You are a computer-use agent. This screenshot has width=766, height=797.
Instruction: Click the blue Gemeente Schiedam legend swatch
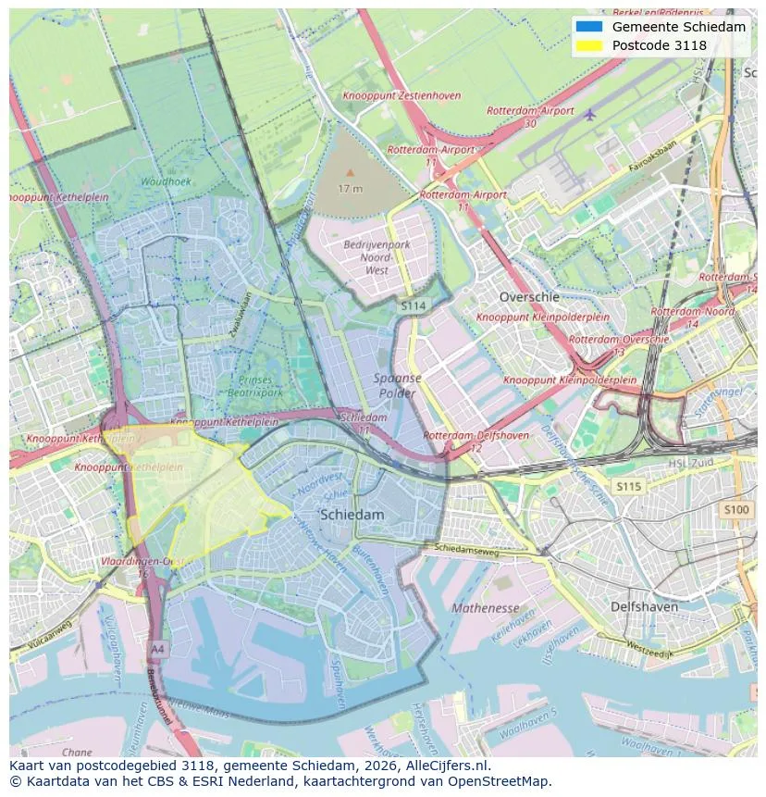click(588, 27)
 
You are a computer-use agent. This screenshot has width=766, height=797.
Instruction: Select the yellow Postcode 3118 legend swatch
click(588, 45)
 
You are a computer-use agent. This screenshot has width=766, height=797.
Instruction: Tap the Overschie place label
click(529, 297)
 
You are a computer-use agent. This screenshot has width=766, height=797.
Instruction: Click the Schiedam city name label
click(352, 514)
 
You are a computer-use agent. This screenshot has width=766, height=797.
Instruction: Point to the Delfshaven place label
click(644, 607)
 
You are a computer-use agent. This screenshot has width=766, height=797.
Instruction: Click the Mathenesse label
click(486, 608)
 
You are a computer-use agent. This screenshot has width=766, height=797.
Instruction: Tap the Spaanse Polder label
click(398, 385)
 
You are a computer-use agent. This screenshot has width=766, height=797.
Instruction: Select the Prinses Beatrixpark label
click(255, 386)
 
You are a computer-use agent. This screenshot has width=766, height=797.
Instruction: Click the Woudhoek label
click(166, 181)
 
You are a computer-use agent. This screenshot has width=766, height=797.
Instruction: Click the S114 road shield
click(414, 305)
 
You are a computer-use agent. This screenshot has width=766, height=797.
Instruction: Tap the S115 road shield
click(629, 486)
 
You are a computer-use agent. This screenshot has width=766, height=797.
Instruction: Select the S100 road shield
click(736, 509)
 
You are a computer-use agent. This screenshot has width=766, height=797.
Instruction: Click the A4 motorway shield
click(158, 648)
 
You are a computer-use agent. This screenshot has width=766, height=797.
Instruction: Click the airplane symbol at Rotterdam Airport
click(590, 113)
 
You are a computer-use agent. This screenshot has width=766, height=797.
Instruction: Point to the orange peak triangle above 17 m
click(350, 172)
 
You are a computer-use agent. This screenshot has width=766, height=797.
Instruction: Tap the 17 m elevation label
click(350, 188)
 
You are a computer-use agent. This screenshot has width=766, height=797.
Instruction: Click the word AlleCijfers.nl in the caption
click(448, 766)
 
